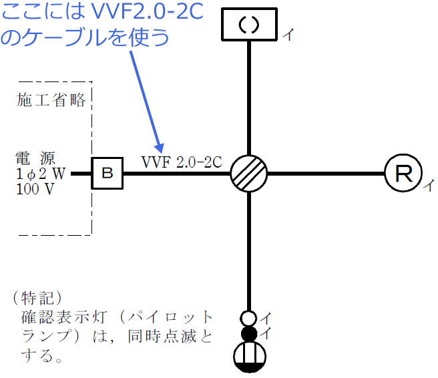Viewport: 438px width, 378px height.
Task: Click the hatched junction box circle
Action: pos(249,174)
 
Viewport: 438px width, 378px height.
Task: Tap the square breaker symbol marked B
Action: pos(107,174)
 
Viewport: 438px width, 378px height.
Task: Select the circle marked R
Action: pos(403,174)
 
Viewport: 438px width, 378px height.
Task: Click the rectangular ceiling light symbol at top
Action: pos(249,25)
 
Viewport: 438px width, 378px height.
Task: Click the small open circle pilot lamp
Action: pos(248,318)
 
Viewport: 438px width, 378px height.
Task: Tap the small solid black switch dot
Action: pos(248,333)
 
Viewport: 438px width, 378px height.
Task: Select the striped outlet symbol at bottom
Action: pos(248,357)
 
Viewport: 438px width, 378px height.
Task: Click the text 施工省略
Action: pos(51,100)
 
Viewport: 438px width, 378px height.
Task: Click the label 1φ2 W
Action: pos(40,174)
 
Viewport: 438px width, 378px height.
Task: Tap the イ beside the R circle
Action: pos(428,186)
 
